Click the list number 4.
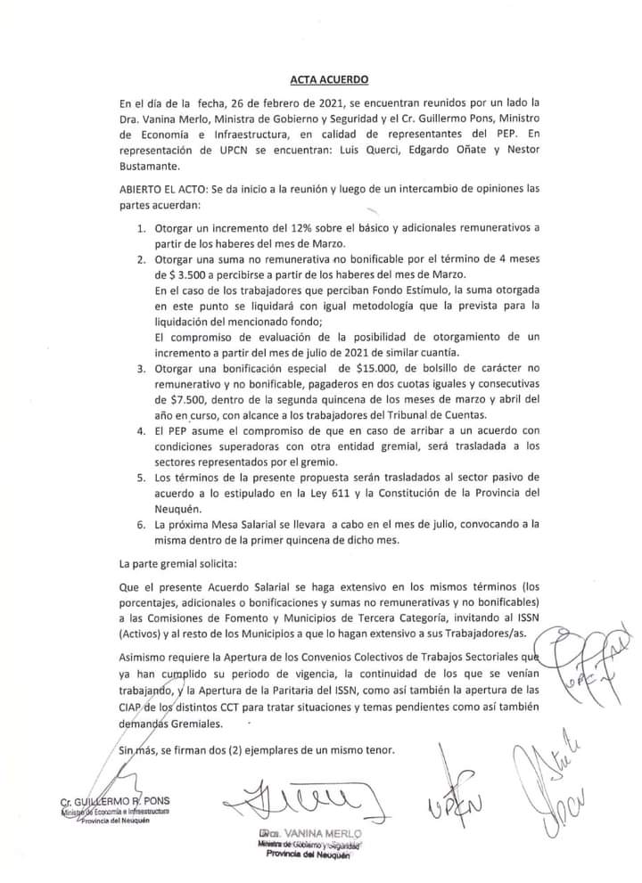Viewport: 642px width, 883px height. tap(142, 430)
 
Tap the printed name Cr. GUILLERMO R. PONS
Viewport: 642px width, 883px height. tap(113, 801)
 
